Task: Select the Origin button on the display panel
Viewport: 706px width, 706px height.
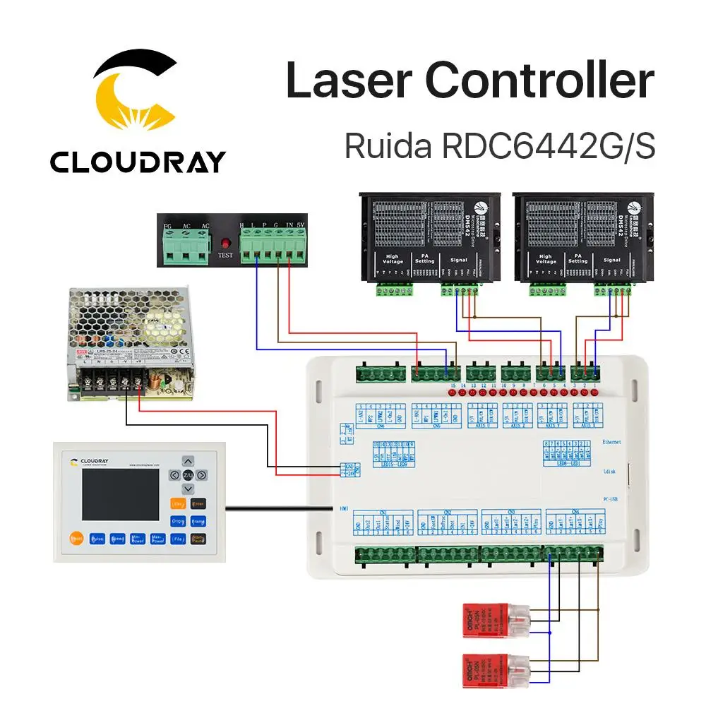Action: point(178,521)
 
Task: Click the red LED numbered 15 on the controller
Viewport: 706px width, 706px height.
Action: point(453,393)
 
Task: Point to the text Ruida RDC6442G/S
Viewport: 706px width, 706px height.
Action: point(499,146)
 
